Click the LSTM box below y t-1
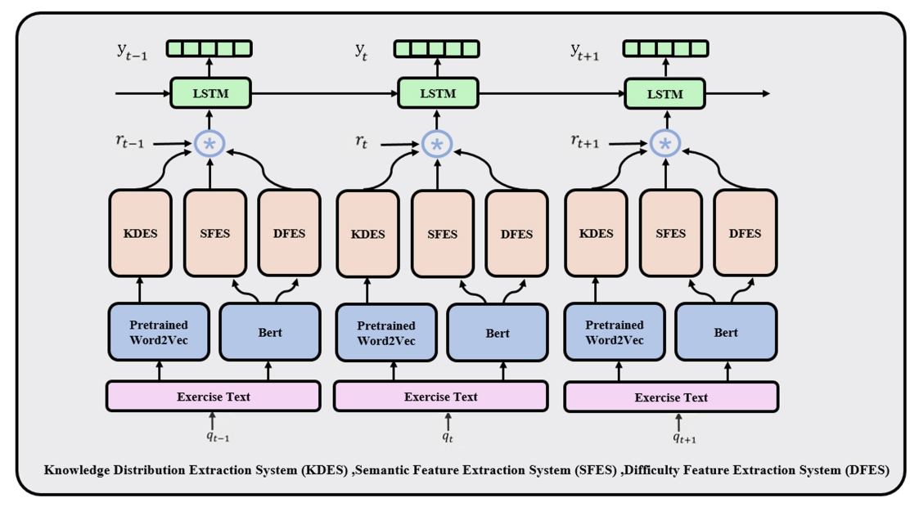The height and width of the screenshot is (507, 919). click(210, 93)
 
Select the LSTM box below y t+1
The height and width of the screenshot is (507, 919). click(664, 94)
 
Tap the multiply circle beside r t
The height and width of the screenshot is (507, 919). click(437, 144)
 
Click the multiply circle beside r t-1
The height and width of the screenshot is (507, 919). click(209, 143)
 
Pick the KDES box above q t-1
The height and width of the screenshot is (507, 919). click(140, 233)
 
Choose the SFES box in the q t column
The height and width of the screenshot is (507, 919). click(443, 234)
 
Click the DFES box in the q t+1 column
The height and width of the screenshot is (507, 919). click(745, 233)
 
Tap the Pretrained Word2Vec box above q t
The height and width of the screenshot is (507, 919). click(386, 333)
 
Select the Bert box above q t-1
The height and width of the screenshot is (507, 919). click(269, 332)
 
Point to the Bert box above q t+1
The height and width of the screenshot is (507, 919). click(726, 332)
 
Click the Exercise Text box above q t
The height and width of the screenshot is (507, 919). click(441, 397)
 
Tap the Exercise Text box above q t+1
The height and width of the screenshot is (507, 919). click(671, 397)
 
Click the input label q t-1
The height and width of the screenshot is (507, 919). click(218, 436)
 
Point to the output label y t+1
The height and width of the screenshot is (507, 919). click(584, 52)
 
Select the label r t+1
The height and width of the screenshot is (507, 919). click(585, 141)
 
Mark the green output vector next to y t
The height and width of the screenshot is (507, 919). click(437, 48)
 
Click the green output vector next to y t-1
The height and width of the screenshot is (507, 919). click(209, 48)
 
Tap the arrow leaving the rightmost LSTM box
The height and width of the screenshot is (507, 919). click(737, 94)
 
